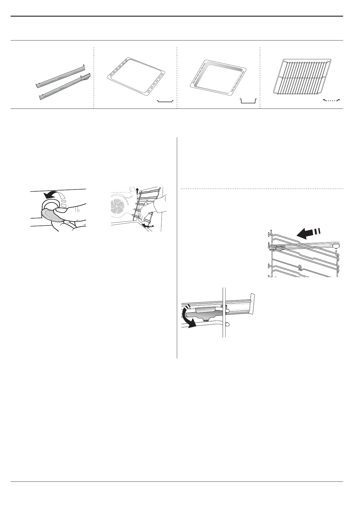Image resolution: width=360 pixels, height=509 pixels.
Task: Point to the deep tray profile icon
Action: tap(248, 101)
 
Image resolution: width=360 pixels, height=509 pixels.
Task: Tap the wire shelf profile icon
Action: tap(331, 100)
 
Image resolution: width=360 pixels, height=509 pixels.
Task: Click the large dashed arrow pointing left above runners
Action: tap(307, 233)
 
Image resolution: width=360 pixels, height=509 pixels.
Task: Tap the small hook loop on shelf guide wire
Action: tap(299, 267)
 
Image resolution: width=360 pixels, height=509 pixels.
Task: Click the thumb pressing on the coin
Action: tap(60, 210)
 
